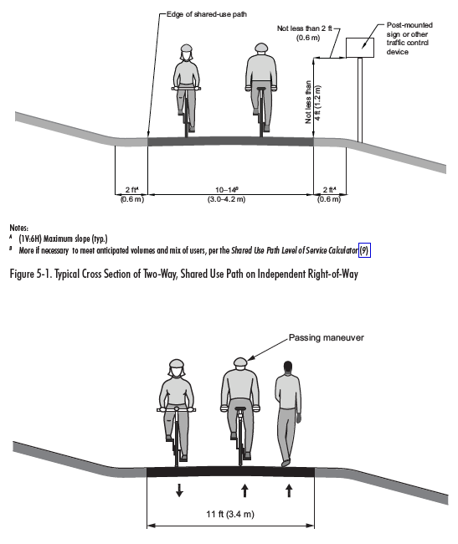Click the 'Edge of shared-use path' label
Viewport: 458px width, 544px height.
pyautogui.click(x=207, y=14)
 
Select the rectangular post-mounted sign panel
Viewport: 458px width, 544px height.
pyautogui.click(x=360, y=48)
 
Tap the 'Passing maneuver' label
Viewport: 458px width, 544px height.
pyautogui.click(x=327, y=337)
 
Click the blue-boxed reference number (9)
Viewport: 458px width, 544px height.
pyautogui.click(x=364, y=250)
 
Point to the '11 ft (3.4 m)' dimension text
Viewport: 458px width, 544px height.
pyautogui.click(x=230, y=514)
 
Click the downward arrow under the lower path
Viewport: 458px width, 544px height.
pyautogui.click(x=179, y=490)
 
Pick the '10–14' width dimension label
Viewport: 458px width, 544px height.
pyautogui.click(x=227, y=189)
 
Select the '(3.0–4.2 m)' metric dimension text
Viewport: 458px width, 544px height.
pyautogui.click(x=226, y=199)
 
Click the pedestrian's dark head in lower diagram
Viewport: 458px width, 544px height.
pyautogui.click(x=288, y=367)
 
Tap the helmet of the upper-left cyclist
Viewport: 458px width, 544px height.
pyautogui.click(x=187, y=49)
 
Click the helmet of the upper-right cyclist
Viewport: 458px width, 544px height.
pyautogui.click(x=261, y=48)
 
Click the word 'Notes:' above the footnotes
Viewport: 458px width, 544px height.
pyautogui.click(x=18, y=228)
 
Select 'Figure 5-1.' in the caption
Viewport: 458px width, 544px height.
pyautogui.click(x=30, y=274)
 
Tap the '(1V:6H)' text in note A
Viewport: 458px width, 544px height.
pyautogui.click(x=30, y=239)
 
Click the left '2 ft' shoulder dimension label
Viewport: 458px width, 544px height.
pyautogui.click(x=131, y=189)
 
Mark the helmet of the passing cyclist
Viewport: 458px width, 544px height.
pyautogui.click(x=240, y=362)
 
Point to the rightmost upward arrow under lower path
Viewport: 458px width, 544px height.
pyautogui.click(x=289, y=490)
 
